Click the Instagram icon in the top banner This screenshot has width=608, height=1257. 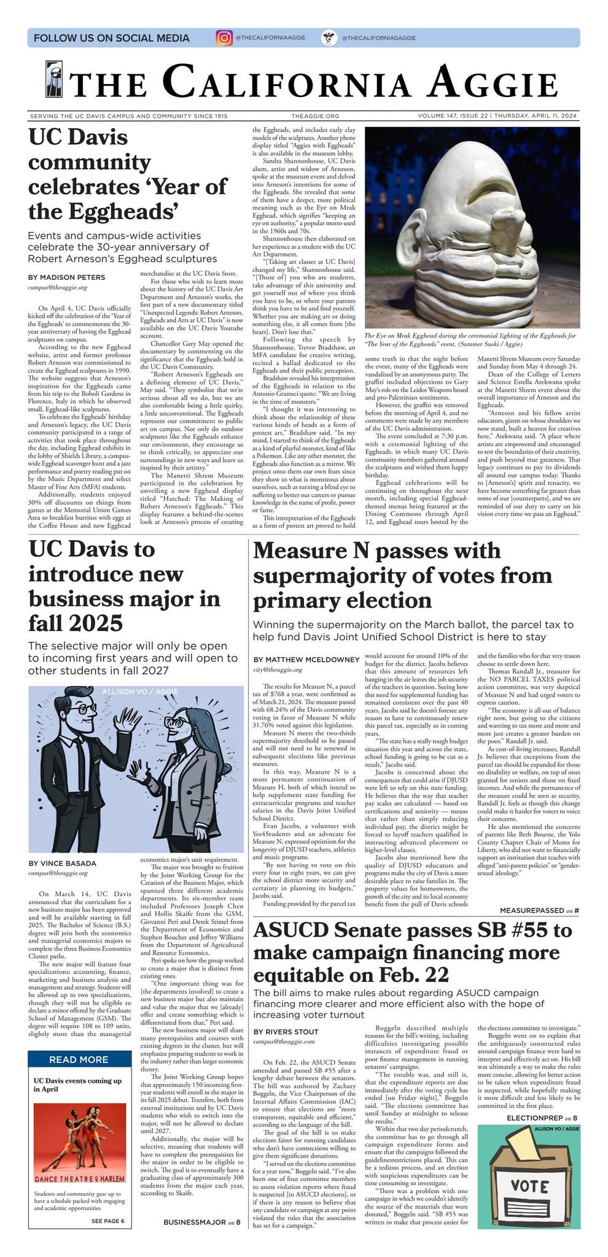point(224,37)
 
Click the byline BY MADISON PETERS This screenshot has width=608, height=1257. point(66,277)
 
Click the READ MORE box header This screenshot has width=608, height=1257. point(79,1059)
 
